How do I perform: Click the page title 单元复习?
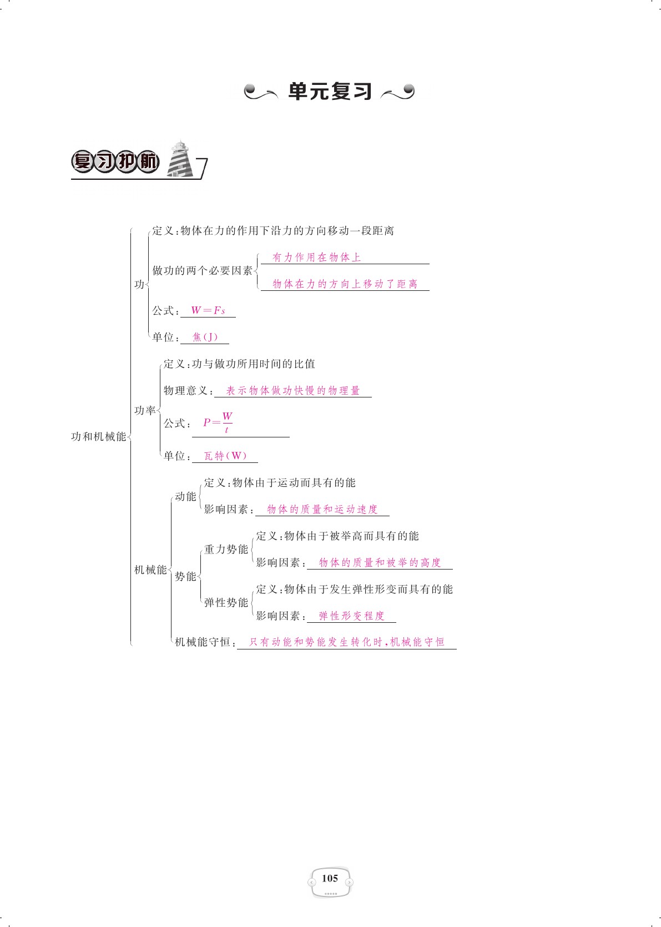pyautogui.click(x=330, y=92)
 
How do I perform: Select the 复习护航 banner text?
pyautogui.click(x=115, y=162)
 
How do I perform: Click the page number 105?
pyautogui.click(x=330, y=878)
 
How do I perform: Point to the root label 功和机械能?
pyautogui.click(x=99, y=437)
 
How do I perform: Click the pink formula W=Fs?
pyautogui.click(x=208, y=311)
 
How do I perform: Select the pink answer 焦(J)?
pyautogui.click(x=205, y=337)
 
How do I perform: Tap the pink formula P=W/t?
pyautogui.click(x=218, y=422)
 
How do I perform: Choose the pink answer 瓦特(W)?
pyautogui.click(x=225, y=456)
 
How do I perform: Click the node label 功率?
pyautogui.click(x=145, y=411)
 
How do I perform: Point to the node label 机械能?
pyautogui.click(x=150, y=570)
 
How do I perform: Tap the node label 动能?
pyautogui.click(x=185, y=497)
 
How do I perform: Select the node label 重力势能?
pyautogui.click(x=226, y=550)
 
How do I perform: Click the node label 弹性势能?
pyautogui.click(x=226, y=603)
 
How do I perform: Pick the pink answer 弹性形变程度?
pyautogui.click(x=351, y=616)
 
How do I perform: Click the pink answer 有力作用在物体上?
pyautogui.click(x=316, y=258)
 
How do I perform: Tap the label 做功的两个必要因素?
pyautogui.click(x=203, y=271)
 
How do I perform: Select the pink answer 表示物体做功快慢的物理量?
pyautogui.click(x=293, y=391)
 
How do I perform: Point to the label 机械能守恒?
pyautogui.click(x=202, y=642)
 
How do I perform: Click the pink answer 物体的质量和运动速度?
pyautogui.click(x=322, y=510)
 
